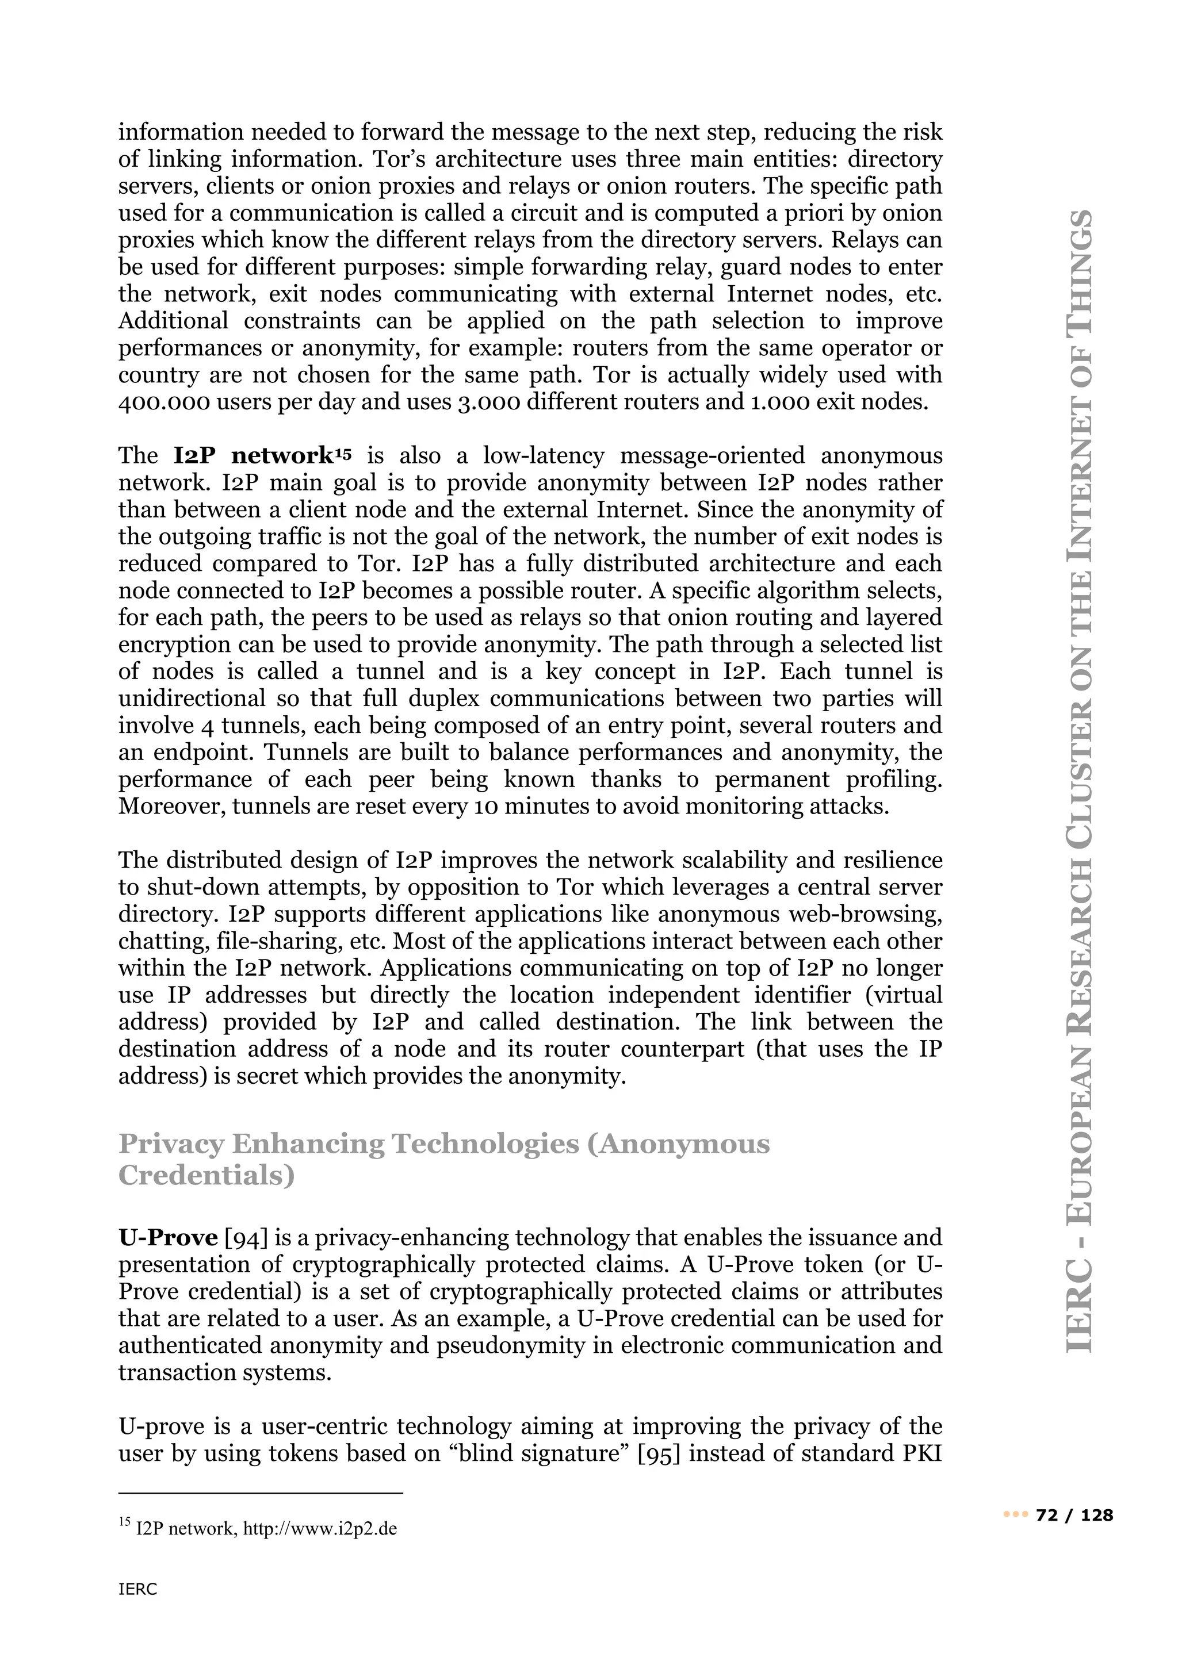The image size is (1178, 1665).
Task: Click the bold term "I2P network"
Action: (x=253, y=456)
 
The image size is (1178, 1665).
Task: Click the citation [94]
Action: (x=246, y=1238)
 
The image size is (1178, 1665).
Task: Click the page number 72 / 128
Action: (x=1074, y=1516)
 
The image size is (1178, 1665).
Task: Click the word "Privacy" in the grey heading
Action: (x=170, y=1144)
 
